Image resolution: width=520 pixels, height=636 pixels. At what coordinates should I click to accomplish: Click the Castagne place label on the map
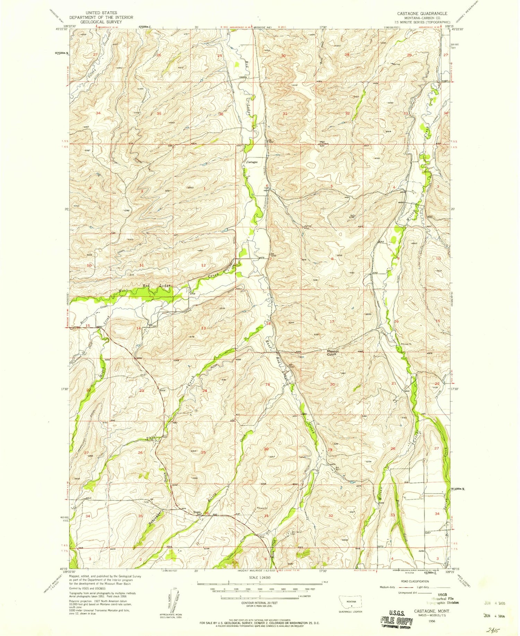[252, 162]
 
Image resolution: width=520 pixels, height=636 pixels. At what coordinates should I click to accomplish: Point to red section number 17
[332, 321]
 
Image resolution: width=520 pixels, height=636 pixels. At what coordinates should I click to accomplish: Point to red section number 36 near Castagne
[221, 114]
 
